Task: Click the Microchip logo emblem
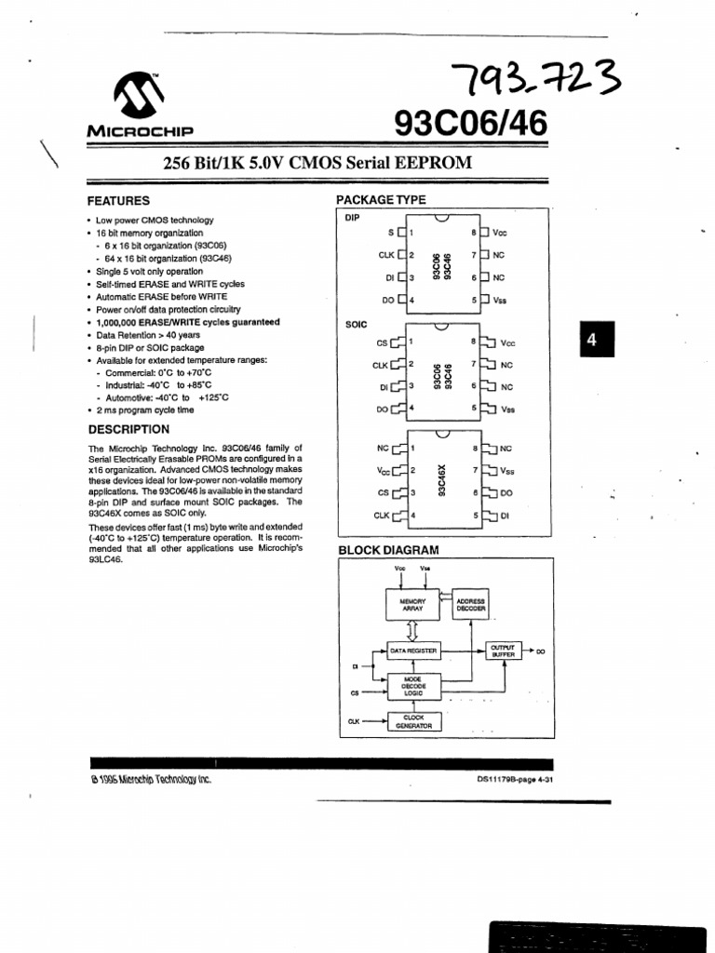pos(139,94)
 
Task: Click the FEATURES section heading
pos(118,201)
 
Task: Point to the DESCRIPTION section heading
pos(128,429)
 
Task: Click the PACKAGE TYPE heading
pos(381,200)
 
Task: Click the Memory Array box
pos(412,605)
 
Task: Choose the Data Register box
pos(413,651)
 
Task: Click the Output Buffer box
pos(503,651)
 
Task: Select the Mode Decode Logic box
pos(413,687)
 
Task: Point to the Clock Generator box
pos(413,721)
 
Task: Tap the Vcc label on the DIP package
pos(499,233)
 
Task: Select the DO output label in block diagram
pos(541,651)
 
